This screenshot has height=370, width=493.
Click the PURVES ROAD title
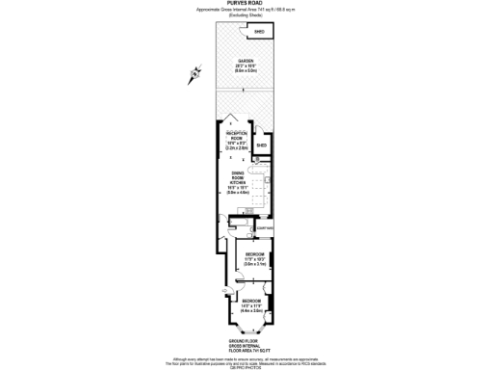point(246,4)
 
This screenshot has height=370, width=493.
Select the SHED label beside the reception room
point(261,146)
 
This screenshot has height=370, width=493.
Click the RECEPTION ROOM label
point(236,139)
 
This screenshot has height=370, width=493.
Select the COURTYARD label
point(266,227)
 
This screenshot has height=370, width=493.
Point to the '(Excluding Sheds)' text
point(246,16)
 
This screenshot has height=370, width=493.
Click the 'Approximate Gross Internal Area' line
point(246,11)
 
